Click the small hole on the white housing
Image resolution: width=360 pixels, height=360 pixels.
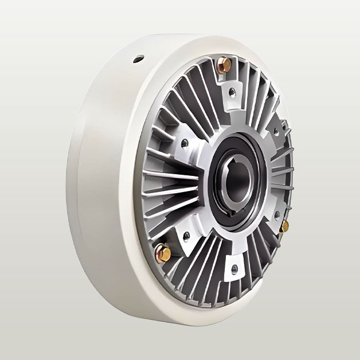point(138,58)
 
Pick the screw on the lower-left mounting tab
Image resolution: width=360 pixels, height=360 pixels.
point(186,235)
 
